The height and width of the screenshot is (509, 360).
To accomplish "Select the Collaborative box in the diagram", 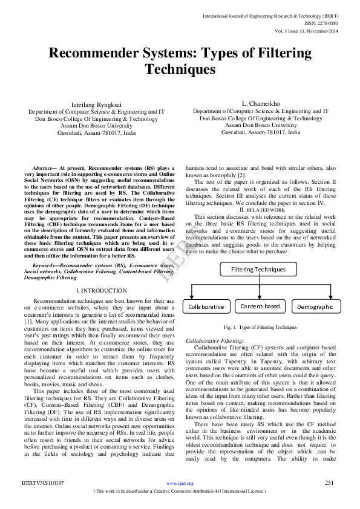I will coord(206,306).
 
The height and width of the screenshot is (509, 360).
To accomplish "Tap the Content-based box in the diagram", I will coord(260,306).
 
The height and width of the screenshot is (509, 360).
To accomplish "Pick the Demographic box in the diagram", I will coord(315,306).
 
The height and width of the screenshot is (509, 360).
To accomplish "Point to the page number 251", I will coord(330,482).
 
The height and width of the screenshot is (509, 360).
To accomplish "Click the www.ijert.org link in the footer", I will coord(180,483).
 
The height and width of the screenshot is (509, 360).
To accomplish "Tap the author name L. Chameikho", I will coord(260,104).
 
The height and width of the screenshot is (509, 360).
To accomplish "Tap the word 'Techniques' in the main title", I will coord(179,70).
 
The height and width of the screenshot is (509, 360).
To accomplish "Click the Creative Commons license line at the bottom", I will coord(180,491).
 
